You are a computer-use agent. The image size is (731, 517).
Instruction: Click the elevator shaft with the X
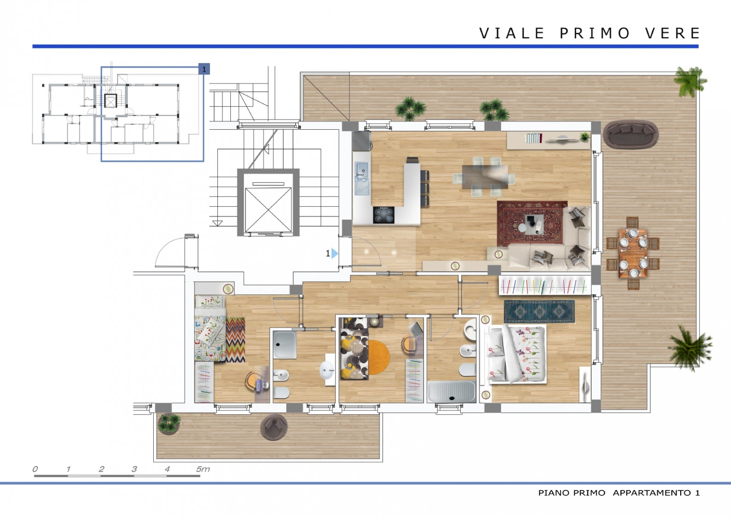pyautogui.click(x=268, y=202)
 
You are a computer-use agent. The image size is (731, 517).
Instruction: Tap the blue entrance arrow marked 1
pyautogui.click(x=335, y=253)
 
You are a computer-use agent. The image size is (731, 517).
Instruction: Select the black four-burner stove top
pyautogui.click(x=384, y=215)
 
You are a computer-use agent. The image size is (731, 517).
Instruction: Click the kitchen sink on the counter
pyautogui.click(x=362, y=178)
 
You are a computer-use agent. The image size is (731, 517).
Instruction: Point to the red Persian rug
pyautogui.click(x=531, y=224)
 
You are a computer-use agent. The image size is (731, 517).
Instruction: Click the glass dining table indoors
pyautogui.click(x=485, y=177)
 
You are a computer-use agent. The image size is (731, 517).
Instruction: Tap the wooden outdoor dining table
pyautogui.click(x=633, y=253)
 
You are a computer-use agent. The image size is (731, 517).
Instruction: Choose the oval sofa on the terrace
pyautogui.click(x=631, y=134)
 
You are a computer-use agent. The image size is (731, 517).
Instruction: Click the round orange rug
pyautogui.click(x=378, y=357)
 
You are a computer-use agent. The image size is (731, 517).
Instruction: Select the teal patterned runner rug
pyautogui.click(x=539, y=311)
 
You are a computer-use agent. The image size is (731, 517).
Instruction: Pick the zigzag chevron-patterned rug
pyautogui.click(x=235, y=339)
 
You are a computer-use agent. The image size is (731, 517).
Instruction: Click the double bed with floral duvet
pyautogui.click(x=514, y=354)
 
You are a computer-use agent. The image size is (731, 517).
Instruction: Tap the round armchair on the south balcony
pyautogui.click(x=274, y=427)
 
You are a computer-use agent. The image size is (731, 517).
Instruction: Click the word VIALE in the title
pyautogui.click(x=512, y=33)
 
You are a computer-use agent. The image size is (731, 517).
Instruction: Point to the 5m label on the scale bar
pyautogui.click(x=203, y=469)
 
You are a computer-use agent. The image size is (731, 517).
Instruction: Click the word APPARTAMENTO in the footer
pyautogui.click(x=652, y=493)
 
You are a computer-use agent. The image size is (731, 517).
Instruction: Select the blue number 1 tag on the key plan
pyautogui.click(x=204, y=69)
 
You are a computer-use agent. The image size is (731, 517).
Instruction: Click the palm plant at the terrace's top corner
pyautogui.click(x=690, y=81)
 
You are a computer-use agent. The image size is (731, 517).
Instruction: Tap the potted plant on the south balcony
pyautogui.click(x=169, y=424)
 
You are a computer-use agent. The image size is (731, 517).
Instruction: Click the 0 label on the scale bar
pyautogui.click(x=35, y=469)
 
